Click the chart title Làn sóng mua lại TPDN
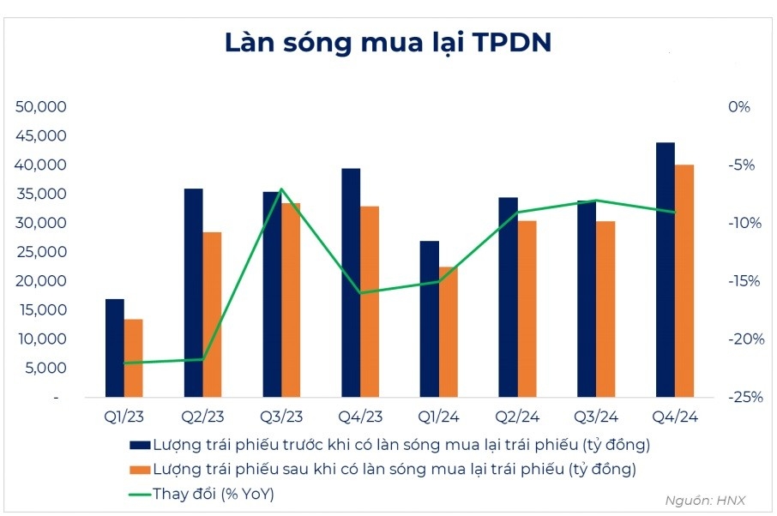388,43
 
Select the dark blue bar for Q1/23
114,348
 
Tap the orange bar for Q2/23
212,315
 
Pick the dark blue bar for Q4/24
665,270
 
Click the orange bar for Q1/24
449,332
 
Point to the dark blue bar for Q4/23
351,283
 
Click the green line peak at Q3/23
281,189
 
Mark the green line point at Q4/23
360,293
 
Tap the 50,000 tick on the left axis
42,107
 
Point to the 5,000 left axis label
45,369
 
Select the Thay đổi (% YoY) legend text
214,494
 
